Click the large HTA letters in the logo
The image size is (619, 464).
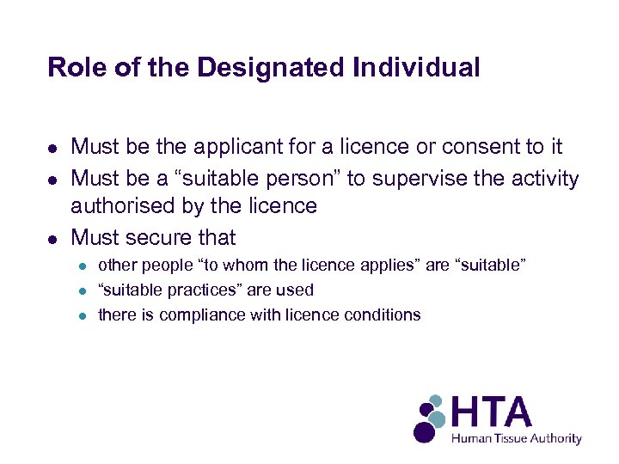493,412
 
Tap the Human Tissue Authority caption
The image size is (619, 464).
517,438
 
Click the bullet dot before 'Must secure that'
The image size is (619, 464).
52,238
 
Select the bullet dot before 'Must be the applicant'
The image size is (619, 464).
52,149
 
